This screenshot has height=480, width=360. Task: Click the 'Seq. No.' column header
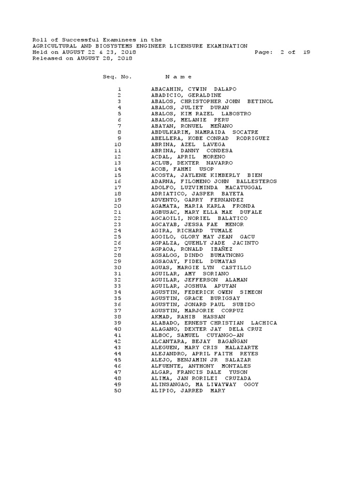tap(117, 76)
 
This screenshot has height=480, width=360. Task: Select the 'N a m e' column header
tap(178, 76)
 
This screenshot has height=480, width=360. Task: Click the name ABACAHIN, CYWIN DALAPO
tap(194, 89)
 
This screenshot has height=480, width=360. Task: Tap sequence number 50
tap(118, 390)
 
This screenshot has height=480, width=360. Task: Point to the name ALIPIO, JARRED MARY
tap(188, 390)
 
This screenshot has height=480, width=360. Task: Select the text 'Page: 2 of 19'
tap(282, 52)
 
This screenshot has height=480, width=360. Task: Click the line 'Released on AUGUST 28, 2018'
tap(82, 59)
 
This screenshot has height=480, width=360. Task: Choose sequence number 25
tap(118, 237)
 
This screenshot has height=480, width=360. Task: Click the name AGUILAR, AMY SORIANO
tap(190, 273)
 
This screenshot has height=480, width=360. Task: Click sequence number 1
tap(120, 89)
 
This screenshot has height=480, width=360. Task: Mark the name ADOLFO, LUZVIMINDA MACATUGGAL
tap(206, 187)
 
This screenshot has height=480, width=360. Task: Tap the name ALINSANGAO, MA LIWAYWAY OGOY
tap(204, 384)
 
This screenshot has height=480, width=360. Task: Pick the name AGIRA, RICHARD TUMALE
tap(191, 231)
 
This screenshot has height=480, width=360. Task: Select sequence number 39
tap(118, 323)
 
